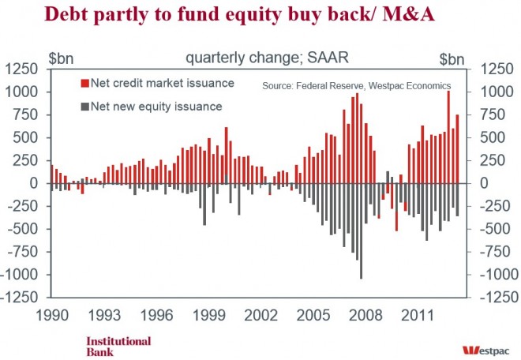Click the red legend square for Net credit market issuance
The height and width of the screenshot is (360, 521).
[84, 84]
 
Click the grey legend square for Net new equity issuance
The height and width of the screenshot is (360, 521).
[84, 106]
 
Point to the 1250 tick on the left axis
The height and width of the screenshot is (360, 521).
[24, 70]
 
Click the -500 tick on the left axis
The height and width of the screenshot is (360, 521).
[25, 230]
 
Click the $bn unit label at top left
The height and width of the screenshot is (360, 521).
[62, 58]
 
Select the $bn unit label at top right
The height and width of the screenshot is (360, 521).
[452, 58]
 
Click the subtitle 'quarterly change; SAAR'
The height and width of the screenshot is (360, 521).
[249, 58]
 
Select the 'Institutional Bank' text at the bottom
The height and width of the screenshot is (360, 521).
[118, 346]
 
